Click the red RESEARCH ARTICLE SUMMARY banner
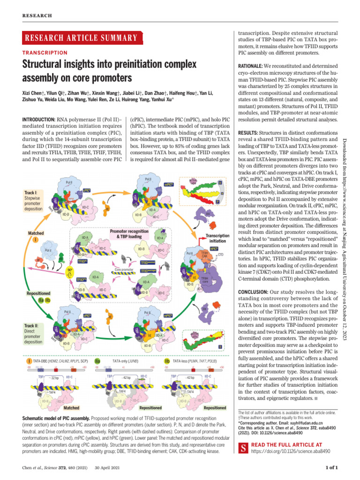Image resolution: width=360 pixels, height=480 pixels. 82,38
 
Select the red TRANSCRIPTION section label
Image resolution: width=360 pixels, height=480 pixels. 45,53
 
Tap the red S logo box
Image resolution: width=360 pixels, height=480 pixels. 243,449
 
